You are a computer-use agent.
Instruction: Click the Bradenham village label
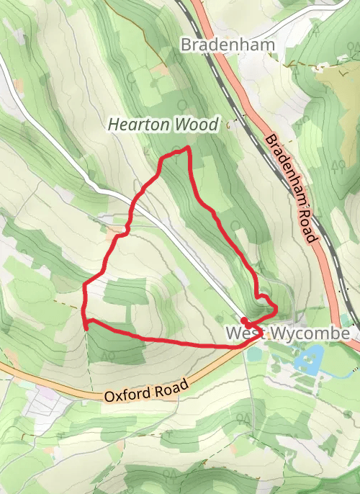(228, 45)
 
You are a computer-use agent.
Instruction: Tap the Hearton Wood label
(162, 125)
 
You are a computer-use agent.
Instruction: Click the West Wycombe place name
(288, 334)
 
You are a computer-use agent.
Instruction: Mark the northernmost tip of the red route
(187, 148)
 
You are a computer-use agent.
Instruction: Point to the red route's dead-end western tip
(86, 328)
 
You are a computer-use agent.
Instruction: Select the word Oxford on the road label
(128, 395)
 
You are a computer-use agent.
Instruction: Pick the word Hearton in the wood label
(139, 125)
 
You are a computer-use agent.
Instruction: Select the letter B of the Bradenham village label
(186, 45)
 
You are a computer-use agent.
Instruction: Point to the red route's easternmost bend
(276, 307)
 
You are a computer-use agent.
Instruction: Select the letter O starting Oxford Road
(109, 398)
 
